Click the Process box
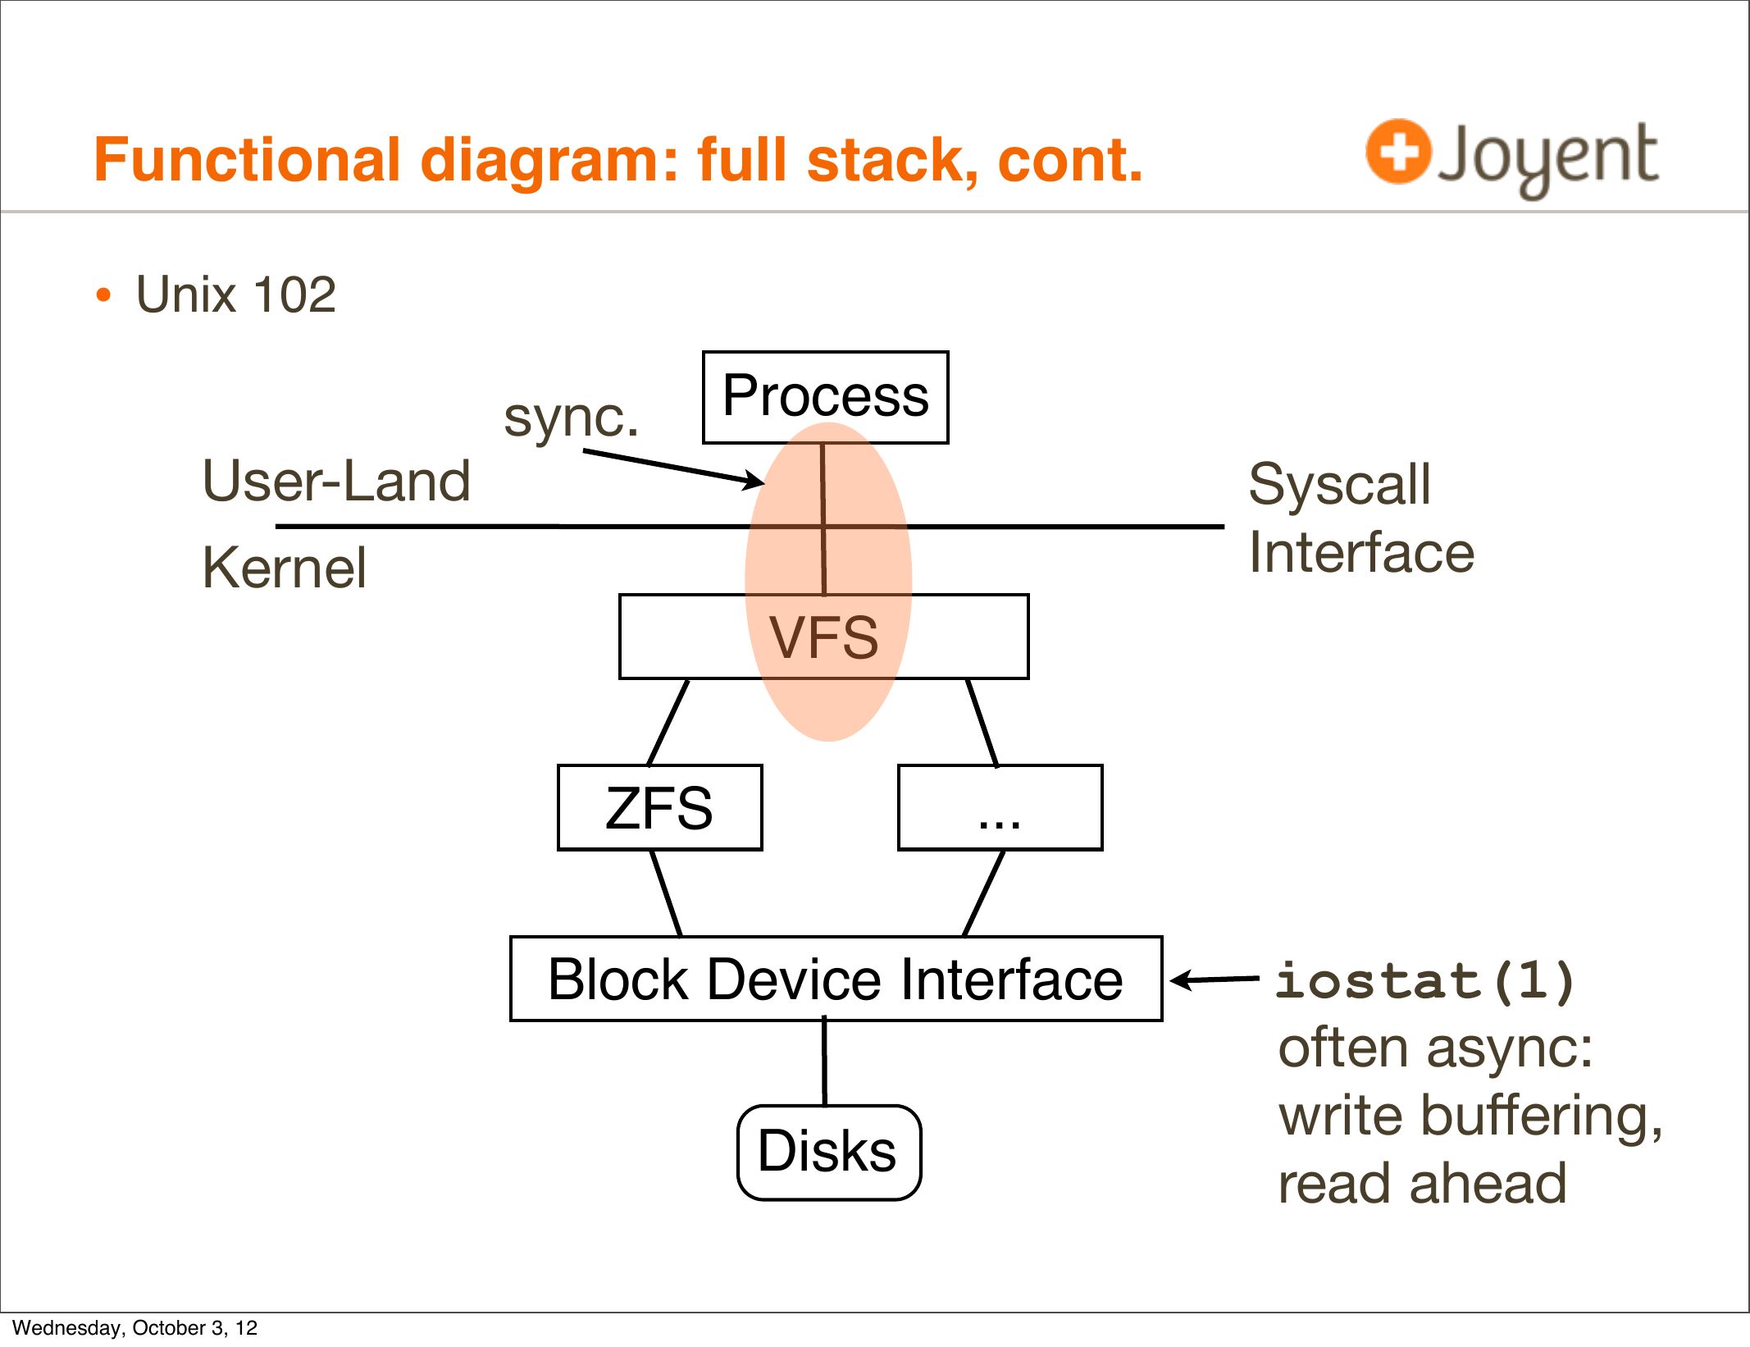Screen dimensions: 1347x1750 [x=825, y=398]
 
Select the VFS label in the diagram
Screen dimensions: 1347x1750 [x=823, y=637]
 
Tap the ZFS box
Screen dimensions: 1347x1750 [x=659, y=808]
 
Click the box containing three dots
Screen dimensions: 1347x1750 [x=1000, y=808]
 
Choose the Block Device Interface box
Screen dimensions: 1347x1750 [x=836, y=979]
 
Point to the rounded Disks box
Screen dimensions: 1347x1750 [x=828, y=1152]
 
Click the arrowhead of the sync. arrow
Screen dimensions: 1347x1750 [x=754, y=482]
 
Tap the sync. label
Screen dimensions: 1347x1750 [x=571, y=417]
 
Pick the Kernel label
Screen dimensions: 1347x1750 [x=284, y=568]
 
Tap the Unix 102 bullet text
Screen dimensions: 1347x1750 [x=235, y=295]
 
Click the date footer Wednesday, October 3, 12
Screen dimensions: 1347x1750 [x=135, y=1327]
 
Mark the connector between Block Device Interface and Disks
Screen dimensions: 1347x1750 [x=825, y=1063]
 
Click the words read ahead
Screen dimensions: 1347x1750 [x=1422, y=1184]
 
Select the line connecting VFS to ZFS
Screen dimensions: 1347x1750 [x=668, y=722]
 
